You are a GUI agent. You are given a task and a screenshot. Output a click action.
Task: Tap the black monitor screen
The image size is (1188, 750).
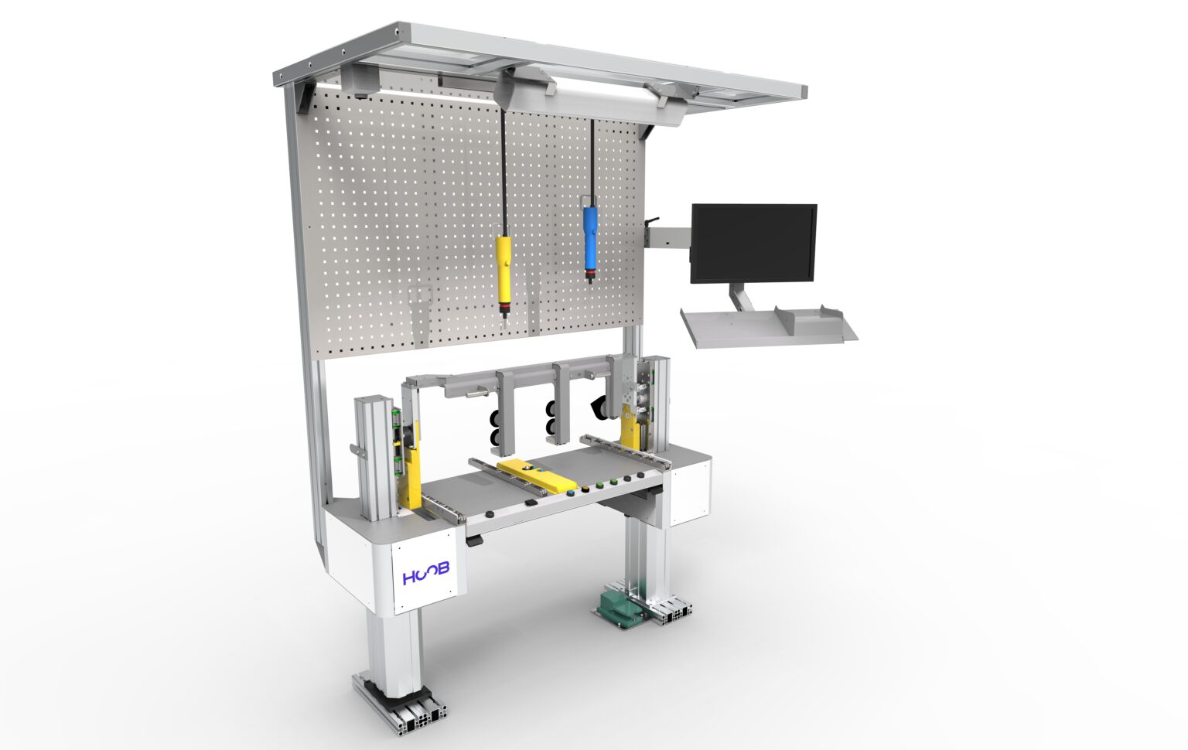click(753, 242)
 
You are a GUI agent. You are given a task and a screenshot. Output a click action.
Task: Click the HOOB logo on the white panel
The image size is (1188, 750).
click(425, 576)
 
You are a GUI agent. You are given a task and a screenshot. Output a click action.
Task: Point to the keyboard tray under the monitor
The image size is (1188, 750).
click(766, 326)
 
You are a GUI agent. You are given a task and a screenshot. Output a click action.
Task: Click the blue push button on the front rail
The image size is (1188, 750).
click(572, 491)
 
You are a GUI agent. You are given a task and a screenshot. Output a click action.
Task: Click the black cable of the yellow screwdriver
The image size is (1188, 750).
click(504, 170)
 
